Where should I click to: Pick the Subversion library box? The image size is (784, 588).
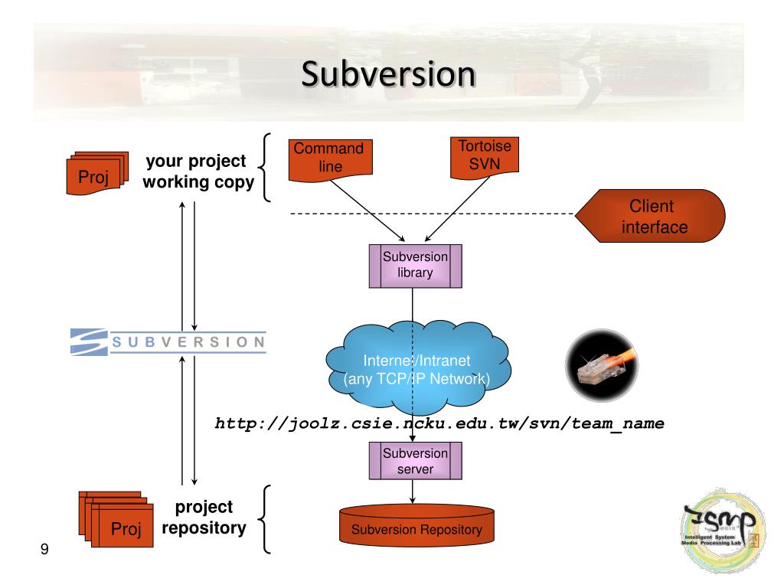(x=413, y=266)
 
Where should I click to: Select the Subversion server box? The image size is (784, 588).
(x=414, y=462)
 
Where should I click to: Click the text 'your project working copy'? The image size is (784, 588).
(x=198, y=172)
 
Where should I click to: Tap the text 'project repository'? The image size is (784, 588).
(x=204, y=518)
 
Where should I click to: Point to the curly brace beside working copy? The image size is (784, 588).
(x=266, y=167)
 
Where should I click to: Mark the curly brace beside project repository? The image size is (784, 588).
(x=266, y=518)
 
